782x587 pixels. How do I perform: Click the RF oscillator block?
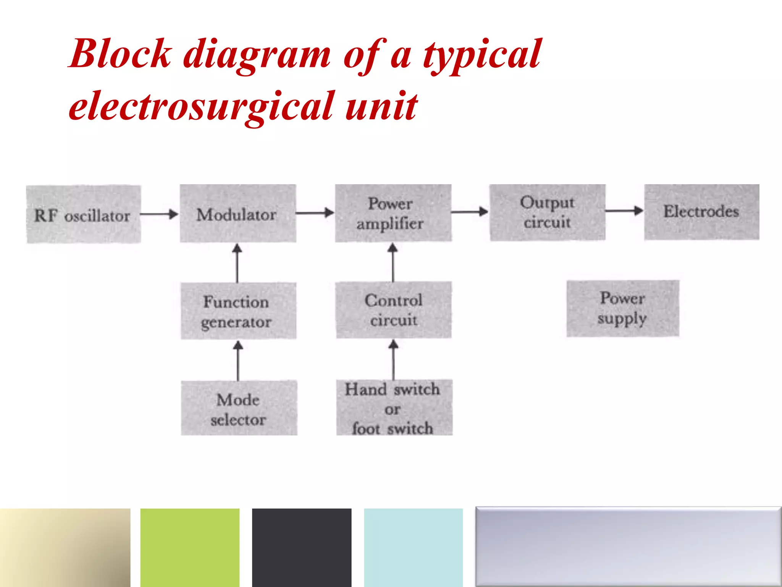[x=83, y=214]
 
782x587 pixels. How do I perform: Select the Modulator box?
[x=238, y=214]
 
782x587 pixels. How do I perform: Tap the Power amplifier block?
[x=393, y=213]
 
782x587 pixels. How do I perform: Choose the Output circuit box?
[x=548, y=212]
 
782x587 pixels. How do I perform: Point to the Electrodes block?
[x=701, y=212]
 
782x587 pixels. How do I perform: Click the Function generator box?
[x=238, y=311]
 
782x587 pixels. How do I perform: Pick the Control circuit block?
[x=394, y=310]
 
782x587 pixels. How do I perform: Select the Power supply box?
[x=622, y=308]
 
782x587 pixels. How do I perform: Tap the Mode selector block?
[x=239, y=408]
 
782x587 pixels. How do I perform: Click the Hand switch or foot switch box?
[x=394, y=408]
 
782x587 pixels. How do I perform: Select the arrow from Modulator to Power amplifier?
[x=315, y=213]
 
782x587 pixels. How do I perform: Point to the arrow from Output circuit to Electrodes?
[x=624, y=211]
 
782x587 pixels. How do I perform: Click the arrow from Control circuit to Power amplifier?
[x=393, y=263]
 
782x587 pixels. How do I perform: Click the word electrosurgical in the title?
[x=200, y=106]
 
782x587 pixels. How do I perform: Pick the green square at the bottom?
[x=190, y=547]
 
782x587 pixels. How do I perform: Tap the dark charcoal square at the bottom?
[x=302, y=547]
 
